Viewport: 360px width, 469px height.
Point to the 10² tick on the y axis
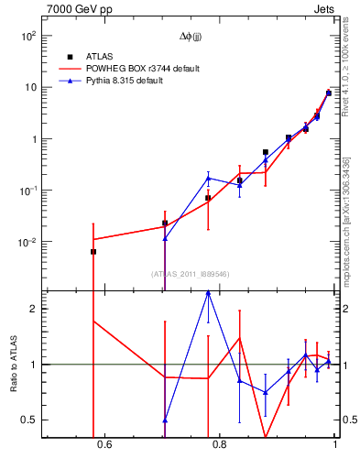(27, 36)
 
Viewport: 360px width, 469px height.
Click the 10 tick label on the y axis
(29, 87)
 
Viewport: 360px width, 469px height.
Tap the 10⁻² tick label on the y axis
(27, 243)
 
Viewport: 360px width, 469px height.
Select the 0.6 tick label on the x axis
(104, 446)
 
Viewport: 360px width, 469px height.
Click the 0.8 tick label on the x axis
(220, 446)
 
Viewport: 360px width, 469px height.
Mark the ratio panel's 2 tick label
(32, 309)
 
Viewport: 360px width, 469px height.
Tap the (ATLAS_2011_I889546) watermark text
(190, 274)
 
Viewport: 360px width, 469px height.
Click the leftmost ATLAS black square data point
(93, 251)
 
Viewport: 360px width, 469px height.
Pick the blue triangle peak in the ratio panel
(208, 292)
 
